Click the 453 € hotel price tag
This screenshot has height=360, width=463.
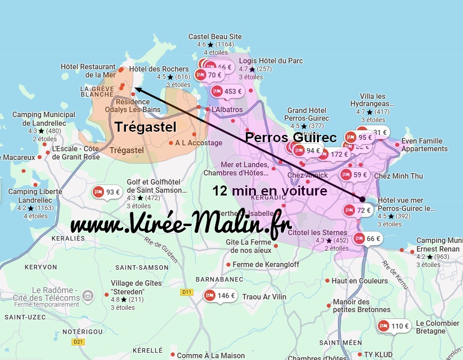[x=227, y=92]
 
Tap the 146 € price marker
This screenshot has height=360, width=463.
[x=220, y=295]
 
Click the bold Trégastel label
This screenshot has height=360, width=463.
[x=145, y=127]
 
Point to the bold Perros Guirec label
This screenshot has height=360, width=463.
[x=291, y=137]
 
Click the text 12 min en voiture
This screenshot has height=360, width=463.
[x=270, y=190]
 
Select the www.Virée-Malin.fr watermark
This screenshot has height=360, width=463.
[x=181, y=226]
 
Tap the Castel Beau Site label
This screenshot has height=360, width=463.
[x=215, y=37]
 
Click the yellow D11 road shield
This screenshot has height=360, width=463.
[x=186, y=292]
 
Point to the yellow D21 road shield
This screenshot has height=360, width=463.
[x=78, y=342]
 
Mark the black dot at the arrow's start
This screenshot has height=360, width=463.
[x=362, y=199]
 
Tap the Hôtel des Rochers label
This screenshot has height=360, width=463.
[x=159, y=69]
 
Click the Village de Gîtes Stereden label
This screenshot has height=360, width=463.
[x=136, y=287]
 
